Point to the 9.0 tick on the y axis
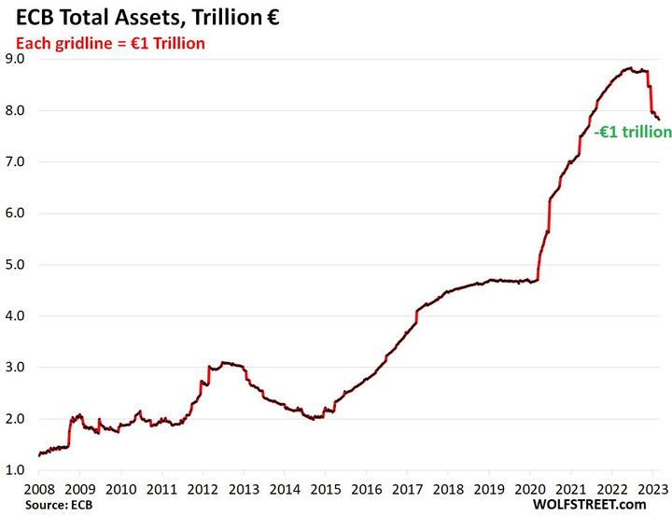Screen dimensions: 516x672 15,59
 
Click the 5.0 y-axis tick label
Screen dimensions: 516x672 15,265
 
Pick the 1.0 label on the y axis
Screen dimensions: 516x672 15,470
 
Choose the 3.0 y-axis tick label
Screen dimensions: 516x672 15,368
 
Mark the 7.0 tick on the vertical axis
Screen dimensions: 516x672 15,161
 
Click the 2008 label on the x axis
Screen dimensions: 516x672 39,489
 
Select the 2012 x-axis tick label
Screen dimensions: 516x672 203,489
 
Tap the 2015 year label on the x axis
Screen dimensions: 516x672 325,489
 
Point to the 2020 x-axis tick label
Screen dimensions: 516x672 529,489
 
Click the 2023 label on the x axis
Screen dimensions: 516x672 651,489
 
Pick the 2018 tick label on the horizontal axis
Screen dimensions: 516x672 447,489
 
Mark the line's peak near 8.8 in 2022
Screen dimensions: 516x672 631,68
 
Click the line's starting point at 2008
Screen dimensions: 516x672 39,455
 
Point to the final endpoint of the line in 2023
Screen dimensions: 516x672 659,119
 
